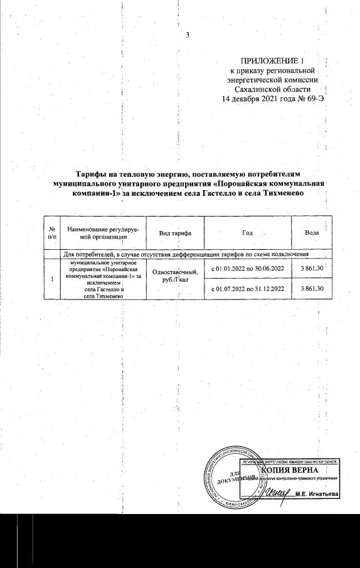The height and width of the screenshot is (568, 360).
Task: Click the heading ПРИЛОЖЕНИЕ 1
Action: point(272,61)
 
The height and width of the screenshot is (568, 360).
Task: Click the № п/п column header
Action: point(52,233)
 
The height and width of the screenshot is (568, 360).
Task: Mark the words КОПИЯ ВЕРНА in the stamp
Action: point(290,470)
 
